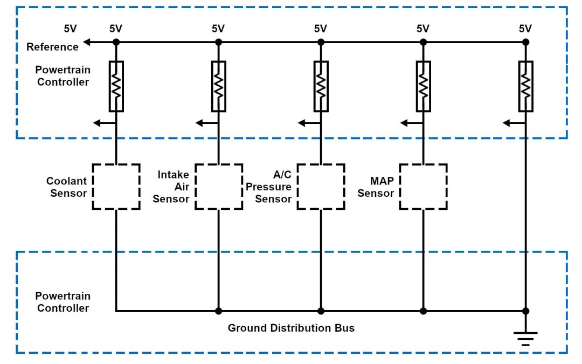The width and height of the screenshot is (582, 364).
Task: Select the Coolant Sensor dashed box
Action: point(116,187)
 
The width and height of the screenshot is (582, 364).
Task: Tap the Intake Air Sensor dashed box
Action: point(218,187)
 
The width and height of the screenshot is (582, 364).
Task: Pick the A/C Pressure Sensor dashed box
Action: point(321,187)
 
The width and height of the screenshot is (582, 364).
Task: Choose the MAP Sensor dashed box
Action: point(423,187)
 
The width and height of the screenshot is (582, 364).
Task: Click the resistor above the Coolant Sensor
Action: point(116,86)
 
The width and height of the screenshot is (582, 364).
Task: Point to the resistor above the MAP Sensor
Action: point(423,86)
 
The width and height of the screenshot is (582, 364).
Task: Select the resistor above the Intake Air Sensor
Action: point(218,86)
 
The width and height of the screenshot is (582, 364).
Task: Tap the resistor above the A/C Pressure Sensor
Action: point(321,86)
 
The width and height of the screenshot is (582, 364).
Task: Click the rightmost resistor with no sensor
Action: point(525,86)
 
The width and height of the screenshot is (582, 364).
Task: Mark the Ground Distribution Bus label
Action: point(291,328)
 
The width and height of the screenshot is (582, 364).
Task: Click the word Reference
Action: point(52,47)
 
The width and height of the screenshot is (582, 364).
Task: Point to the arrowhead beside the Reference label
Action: point(87,42)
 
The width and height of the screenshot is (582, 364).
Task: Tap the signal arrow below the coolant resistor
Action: point(98,123)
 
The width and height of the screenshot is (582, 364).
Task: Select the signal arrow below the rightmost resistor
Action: point(507,123)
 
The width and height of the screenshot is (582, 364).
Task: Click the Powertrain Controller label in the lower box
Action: point(63,302)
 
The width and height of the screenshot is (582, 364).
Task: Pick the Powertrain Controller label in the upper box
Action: point(63,76)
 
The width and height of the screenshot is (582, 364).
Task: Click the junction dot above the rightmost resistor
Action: point(525,42)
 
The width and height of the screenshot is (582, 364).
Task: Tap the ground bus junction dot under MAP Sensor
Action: point(423,311)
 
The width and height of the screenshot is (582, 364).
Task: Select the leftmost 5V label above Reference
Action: point(70,29)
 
